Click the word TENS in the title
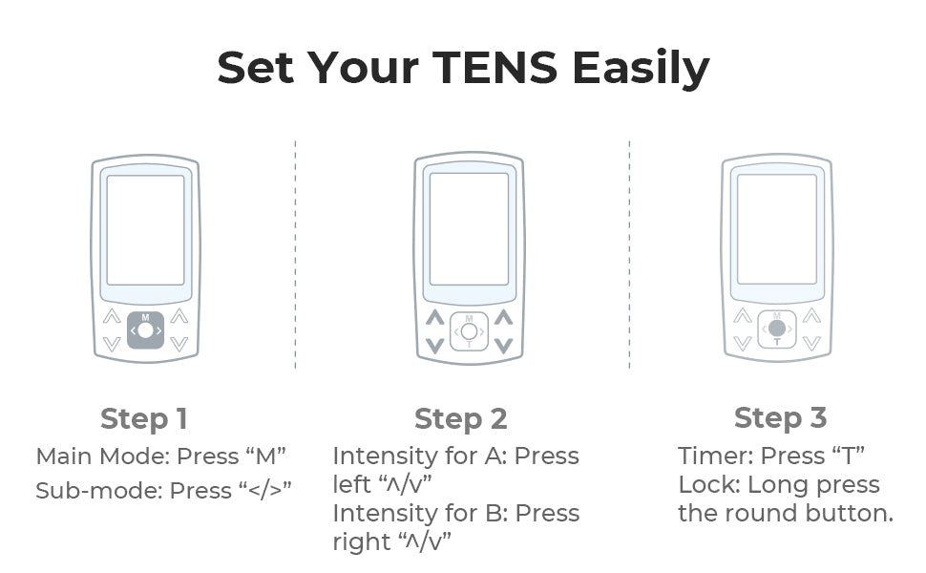[495, 67]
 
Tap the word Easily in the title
[641, 69]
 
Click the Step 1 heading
[144, 419]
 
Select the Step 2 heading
[461, 419]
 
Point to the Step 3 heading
[780, 417]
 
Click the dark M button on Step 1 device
[145, 330]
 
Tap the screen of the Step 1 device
[145, 230]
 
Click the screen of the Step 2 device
[469, 229]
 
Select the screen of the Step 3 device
[776, 229]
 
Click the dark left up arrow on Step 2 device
[435, 317]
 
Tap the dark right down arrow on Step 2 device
[503, 346]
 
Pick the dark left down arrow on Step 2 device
[435, 346]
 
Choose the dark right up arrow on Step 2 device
[503, 317]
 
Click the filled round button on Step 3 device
[776, 329]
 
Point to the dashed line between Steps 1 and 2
[295, 255]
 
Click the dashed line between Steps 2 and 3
[629, 255]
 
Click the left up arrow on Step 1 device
[112, 316]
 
